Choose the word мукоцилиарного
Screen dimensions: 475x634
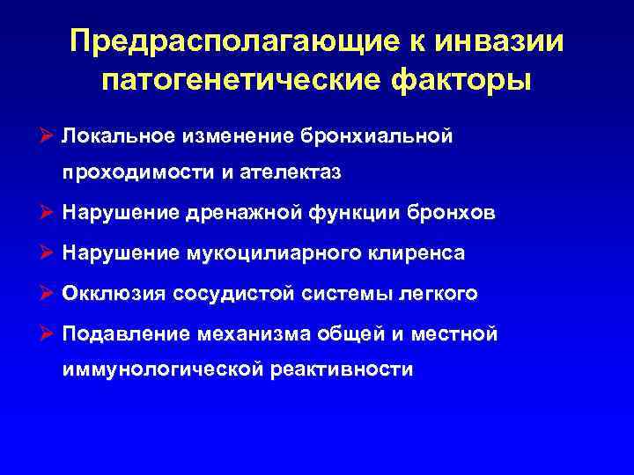(260, 254)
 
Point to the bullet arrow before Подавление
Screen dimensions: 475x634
(48, 334)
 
